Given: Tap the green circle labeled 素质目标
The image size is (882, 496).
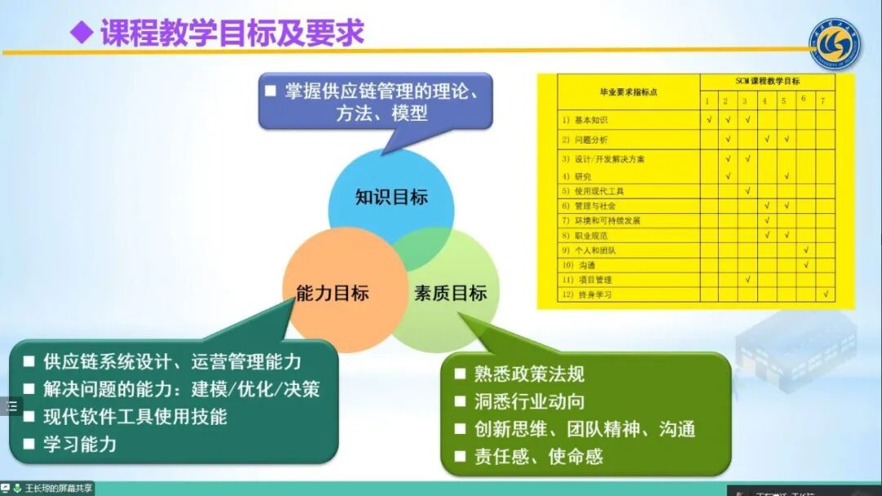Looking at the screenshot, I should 451,293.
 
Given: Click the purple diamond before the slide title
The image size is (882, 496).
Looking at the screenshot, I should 81,33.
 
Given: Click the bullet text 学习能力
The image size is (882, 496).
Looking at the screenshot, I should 80,444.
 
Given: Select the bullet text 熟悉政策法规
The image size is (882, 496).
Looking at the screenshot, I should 529,374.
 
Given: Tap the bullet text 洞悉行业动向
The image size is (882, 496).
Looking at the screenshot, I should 529,401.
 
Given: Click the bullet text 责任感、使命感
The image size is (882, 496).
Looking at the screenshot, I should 538,456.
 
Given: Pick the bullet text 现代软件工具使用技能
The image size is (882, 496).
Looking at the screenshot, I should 135,416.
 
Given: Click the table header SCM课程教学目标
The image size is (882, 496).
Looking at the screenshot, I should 767,81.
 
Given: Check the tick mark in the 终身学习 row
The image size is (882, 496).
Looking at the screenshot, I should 826,294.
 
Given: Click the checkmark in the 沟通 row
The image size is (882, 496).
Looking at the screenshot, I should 806,265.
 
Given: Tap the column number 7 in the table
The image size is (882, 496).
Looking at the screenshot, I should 824,101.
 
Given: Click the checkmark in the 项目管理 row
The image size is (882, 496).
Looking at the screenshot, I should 747,279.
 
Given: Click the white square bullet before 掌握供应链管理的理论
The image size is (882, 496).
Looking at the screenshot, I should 270,91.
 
